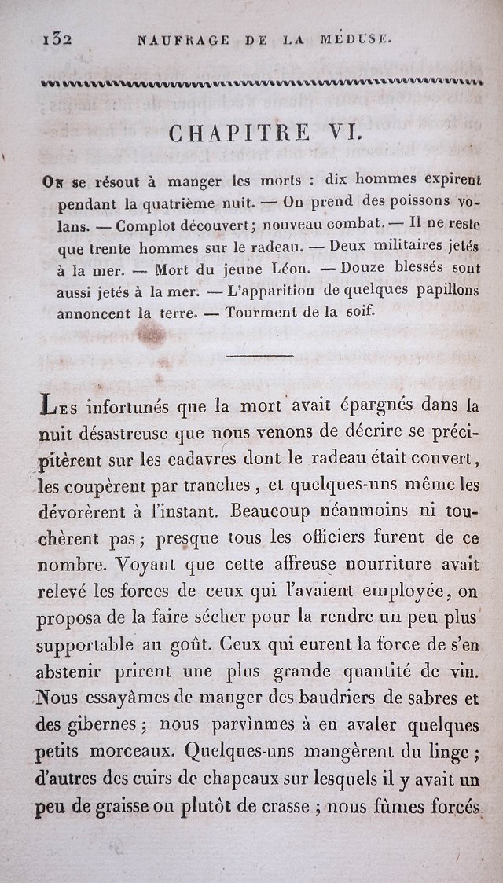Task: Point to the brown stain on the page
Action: tap(151, 335)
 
